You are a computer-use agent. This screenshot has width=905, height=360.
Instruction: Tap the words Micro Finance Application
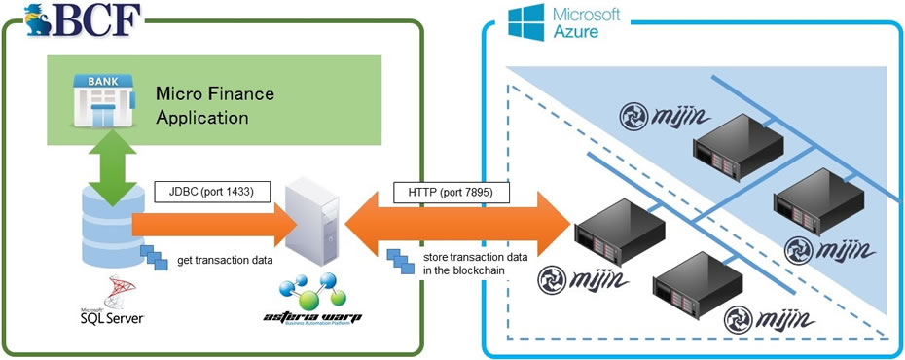[x=215, y=105]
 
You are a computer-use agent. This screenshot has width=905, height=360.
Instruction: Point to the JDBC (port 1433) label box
[x=204, y=193]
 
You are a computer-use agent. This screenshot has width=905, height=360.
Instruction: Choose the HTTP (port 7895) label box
[x=443, y=193]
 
